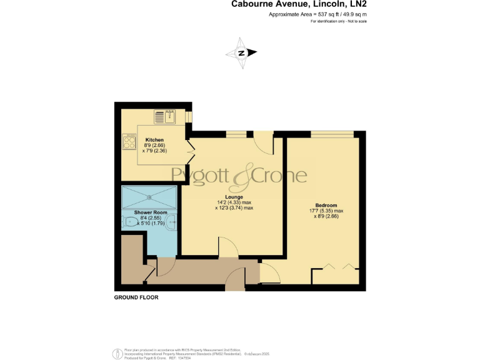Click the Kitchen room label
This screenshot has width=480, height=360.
click(155, 139)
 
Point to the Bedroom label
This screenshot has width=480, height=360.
click(326, 206)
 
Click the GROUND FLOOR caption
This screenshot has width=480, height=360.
click(136, 297)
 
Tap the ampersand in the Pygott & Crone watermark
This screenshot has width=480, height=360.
click(241, 178)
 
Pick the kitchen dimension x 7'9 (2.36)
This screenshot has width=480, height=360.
click(154, 150)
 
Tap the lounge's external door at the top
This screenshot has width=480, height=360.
click(263, 142)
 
